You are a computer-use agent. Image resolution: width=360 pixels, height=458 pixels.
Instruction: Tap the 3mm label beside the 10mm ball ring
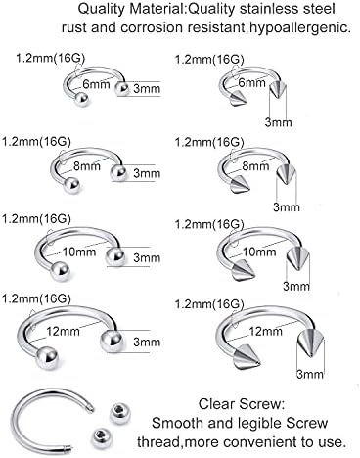(x=147, y=257)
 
